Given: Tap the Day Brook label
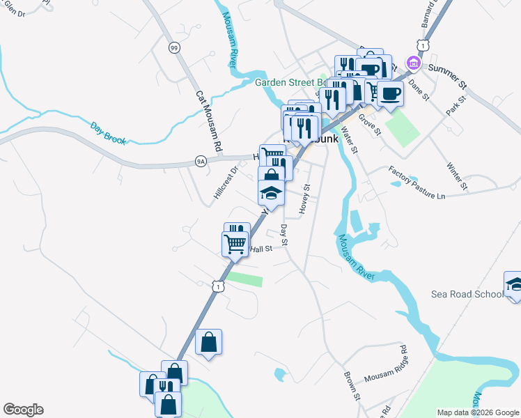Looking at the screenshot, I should pos(108,133).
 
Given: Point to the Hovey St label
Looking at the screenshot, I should pos(304,199).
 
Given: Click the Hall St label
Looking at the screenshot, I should pos(260,249).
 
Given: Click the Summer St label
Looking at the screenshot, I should pos(446,76).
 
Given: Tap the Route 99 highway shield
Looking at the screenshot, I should pos(173,47).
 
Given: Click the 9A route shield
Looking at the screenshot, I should pos(201,162).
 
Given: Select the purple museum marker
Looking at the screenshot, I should pos(414,63).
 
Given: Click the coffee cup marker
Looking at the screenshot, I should pos(390,93).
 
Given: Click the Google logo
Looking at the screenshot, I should pos(23,410).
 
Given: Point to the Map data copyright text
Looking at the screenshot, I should pos(479,412).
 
